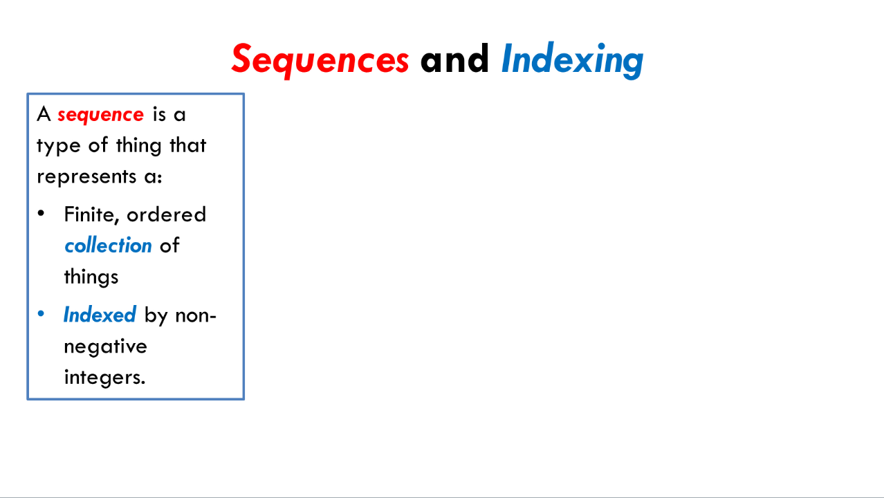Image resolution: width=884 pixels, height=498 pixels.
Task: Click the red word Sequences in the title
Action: (x=320, y=59)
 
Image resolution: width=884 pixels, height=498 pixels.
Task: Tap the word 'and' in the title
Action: (x=454, y=59)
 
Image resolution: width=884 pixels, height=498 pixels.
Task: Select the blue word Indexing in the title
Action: (x=572, y=59)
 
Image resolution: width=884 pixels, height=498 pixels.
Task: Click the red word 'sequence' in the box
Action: (x=100, y=116)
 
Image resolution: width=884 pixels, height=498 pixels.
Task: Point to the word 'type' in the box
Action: (x=59, y=146)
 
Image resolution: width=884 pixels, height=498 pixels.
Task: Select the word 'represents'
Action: (x=86, y=177)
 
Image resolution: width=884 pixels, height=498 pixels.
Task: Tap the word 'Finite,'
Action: (x=91, y=215)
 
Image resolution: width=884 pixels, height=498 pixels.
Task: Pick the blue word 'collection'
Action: (x=108, y=246)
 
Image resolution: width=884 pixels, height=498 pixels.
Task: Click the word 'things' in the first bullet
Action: (x=91, y=277)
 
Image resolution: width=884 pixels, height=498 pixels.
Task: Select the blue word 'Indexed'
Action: (x=100, y=315)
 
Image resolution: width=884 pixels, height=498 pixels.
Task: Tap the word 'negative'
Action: (x=105, y=347)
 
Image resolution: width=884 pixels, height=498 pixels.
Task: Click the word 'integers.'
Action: (x=105, y=378)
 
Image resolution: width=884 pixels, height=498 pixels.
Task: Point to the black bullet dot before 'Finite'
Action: (x=41, y=214)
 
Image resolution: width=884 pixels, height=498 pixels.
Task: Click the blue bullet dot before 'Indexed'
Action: (x=41, y=314)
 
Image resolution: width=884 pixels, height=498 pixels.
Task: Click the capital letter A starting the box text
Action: (x=44, y=114)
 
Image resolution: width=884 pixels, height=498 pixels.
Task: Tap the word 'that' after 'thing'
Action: (x=188, y=145)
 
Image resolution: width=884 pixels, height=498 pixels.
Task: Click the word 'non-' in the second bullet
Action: (x=195, y=316)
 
